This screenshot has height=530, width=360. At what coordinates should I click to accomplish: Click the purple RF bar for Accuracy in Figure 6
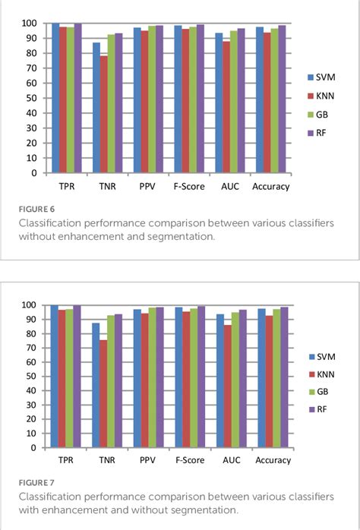(282, 99)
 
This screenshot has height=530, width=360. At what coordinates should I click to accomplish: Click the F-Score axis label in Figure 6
(189, 187)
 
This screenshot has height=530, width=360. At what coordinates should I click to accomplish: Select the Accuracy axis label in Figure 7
(273, 461)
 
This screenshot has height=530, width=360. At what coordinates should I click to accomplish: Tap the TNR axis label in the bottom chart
(107, 461)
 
